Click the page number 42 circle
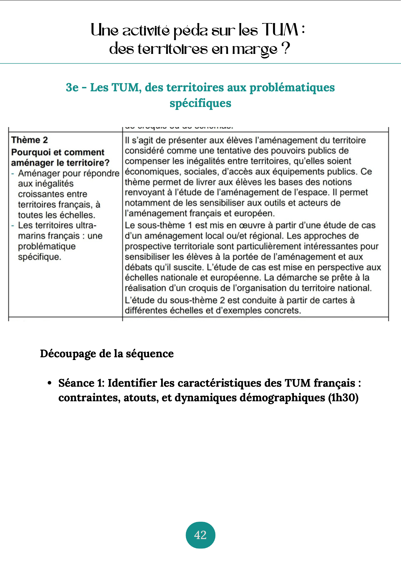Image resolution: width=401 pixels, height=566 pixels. coord(200,535)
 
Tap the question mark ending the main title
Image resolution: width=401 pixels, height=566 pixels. coord(286,49)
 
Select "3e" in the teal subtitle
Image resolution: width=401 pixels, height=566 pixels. coord(72,87)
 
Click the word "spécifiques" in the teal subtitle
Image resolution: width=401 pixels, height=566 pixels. coord(200,103)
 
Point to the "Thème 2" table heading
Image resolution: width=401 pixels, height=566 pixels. coord(29,140)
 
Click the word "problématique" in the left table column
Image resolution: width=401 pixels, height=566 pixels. coord(47,246)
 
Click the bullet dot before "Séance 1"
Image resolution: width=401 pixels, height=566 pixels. coord(50,383)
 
